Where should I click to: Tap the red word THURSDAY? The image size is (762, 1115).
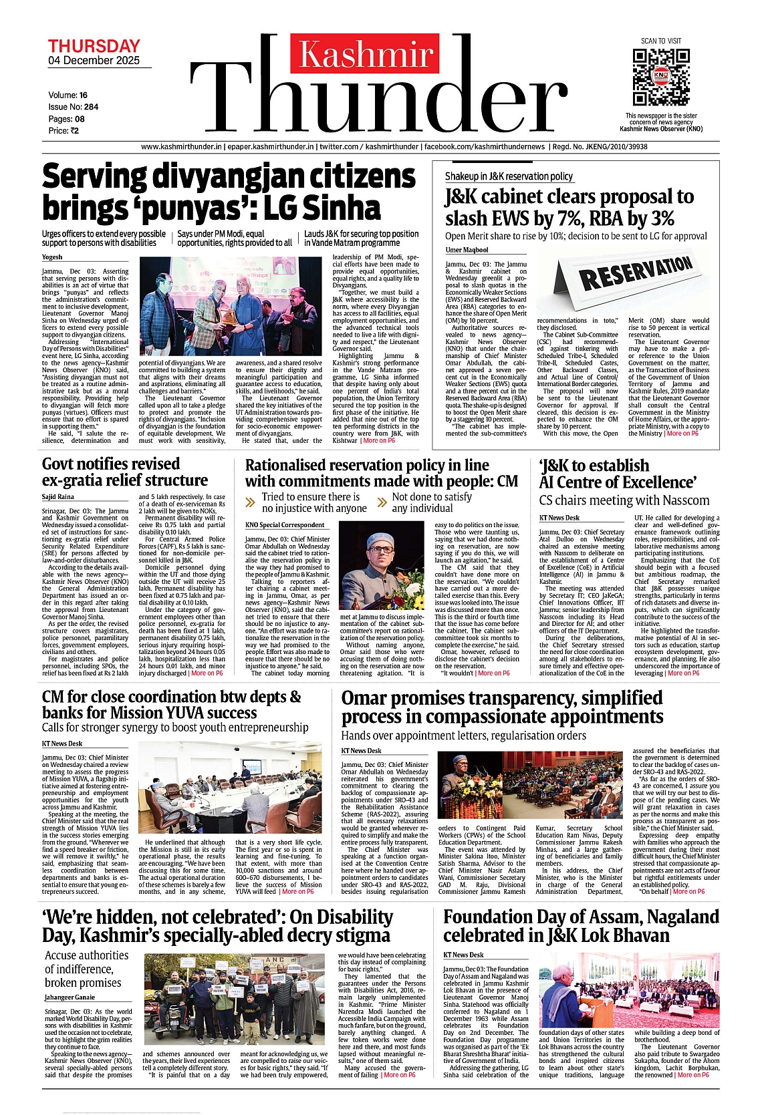(94, 46)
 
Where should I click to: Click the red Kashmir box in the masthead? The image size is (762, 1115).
(366, 54)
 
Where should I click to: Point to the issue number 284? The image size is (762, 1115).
(91, 107)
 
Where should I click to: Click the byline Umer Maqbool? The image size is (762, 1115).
(467, 251)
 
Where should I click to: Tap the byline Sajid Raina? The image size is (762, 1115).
(58, 497)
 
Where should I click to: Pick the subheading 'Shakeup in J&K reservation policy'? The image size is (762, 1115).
(509, 176)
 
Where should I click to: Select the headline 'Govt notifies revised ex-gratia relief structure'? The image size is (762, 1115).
(125, 472)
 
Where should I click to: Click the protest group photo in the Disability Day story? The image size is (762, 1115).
(238, 999)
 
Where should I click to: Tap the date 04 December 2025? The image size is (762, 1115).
(94, 61)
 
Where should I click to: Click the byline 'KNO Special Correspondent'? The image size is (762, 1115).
(285, 525)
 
